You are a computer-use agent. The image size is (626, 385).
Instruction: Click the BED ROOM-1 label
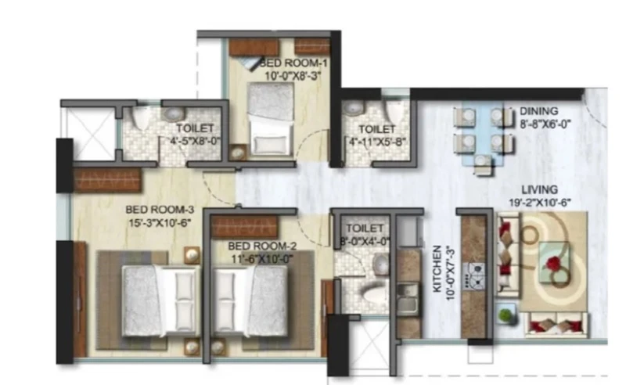point(293,63)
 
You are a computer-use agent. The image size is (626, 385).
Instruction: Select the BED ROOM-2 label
point(262,246)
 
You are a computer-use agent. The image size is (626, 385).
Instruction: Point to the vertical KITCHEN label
point(438,268)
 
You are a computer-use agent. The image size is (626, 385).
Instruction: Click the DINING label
point(538,111)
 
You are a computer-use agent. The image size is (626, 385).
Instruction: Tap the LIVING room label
point(539,189)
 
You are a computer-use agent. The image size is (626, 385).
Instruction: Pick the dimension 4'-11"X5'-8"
point(377,142)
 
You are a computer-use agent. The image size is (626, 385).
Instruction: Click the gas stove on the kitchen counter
point(474,276)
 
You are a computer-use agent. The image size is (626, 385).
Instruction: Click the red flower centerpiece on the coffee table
point(554,264)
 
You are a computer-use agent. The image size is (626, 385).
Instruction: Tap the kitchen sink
point(408,297)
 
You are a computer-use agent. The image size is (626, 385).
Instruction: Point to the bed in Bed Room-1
point(271,119)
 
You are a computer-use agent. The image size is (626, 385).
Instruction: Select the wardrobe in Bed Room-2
point(244,226)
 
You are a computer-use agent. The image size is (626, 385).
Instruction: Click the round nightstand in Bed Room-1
point(239,153)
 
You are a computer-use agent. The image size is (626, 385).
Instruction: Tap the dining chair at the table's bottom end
point(483,164)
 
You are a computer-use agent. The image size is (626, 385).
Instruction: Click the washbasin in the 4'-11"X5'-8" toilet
point(353,108)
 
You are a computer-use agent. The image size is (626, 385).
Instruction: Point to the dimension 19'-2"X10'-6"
point(540,203)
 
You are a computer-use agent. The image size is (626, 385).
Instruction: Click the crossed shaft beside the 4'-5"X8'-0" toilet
point(92,133)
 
